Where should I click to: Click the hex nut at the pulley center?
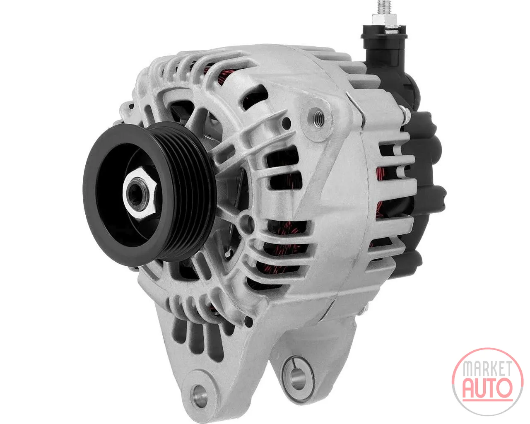(140, 193)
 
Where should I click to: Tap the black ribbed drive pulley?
(149, 195)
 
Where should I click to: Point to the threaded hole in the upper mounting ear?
(319, 118)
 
